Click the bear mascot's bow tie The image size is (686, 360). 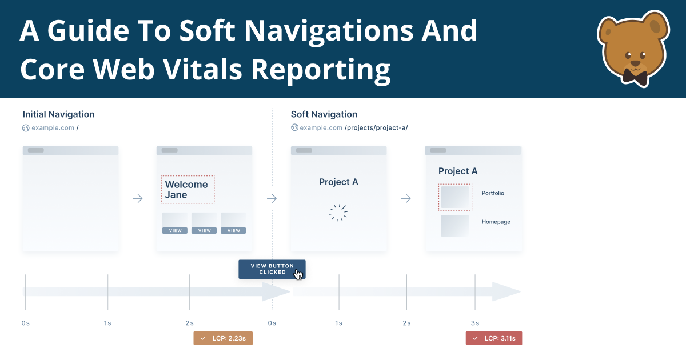635,75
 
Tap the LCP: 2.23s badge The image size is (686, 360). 223,338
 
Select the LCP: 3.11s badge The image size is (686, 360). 494,338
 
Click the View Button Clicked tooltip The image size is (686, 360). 272,269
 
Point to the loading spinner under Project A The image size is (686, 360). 338,213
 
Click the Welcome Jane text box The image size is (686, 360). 188,190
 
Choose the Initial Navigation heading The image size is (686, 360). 58,114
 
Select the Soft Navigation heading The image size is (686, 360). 324,114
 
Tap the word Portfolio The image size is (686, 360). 493,193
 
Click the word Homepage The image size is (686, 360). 496,222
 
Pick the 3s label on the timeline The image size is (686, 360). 475,323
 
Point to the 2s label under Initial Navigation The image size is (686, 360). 189,323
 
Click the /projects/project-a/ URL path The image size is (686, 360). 376,128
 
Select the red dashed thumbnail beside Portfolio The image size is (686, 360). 456,197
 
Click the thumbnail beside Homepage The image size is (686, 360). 455,225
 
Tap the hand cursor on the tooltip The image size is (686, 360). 298,274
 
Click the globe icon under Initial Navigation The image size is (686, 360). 26,128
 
